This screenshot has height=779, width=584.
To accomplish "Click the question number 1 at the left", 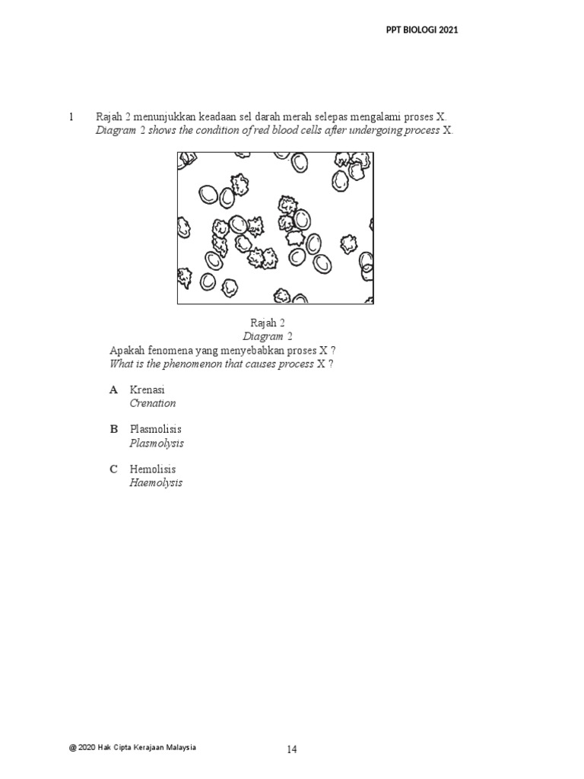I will point(71,117).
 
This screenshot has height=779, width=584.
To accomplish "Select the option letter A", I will point(114,389).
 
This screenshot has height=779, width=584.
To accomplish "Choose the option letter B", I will point(114,430).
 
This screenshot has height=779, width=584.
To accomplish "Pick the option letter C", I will point(114,469).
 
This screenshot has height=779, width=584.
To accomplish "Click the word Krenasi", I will point(148,389).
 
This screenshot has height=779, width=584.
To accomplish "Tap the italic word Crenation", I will point(153,403).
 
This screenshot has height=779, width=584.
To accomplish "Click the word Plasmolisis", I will point(155,430).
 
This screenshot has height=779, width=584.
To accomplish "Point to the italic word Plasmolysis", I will point(157,443).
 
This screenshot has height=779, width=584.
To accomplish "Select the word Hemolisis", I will point(153,469).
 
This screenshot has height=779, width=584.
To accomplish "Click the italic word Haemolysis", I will point(156,482).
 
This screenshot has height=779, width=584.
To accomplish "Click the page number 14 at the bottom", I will point(292,750).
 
